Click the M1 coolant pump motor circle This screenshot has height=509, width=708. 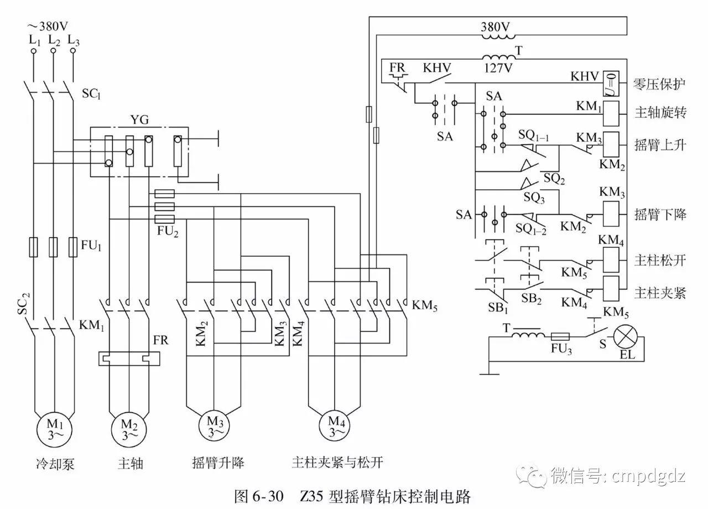click(55, 429)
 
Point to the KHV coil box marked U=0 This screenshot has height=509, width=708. click(611, 83)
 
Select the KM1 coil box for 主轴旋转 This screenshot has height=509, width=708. click(611, 113)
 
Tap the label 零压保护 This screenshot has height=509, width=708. click(660, 84)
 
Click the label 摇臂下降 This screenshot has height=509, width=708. click(660, 215)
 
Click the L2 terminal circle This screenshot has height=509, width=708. click(53, 51)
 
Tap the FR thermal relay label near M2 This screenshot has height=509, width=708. click(161, 339)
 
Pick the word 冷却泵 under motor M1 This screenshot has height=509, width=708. click(55, 463)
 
